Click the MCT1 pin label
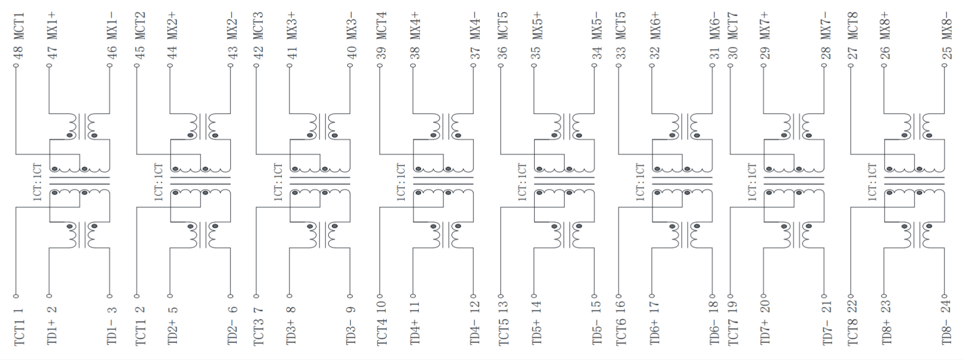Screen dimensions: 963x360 18,26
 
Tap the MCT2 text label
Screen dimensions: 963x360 139,26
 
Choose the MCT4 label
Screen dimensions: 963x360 381,26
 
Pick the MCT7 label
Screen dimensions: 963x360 732,26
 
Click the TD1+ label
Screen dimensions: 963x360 52,332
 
